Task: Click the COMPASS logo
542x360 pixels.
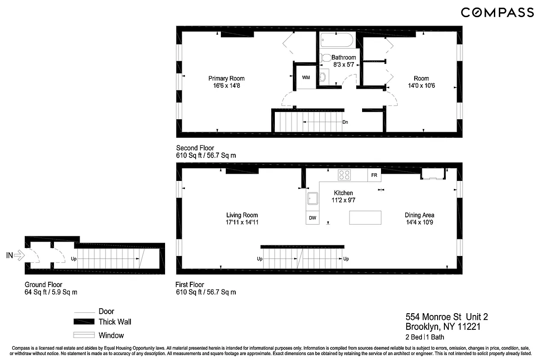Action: pos(497,13)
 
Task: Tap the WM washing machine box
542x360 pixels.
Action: pos(306,77)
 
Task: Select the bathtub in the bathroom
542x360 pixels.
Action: pos(337,41)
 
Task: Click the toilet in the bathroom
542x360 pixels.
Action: pos(325,58)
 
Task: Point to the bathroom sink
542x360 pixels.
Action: pos(323,77)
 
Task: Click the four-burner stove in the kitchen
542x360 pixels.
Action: pos(345,175)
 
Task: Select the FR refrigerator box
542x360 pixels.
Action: pos(374,175)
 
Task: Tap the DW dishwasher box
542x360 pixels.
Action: pos(312,218)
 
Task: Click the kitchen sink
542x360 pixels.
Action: pos(312,198)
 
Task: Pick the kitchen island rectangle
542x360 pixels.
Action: pos(365,217)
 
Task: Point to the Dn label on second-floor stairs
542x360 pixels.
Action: pos(345,122)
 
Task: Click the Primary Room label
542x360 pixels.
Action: pos(226,78)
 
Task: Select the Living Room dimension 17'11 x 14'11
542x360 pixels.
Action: pos(242,222)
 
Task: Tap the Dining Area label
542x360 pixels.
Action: pos(419,215)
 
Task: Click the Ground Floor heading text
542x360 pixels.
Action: pos(43,284)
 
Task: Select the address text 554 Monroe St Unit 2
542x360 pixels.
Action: pos(446,317)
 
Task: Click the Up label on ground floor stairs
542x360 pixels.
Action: pos(73,259)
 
